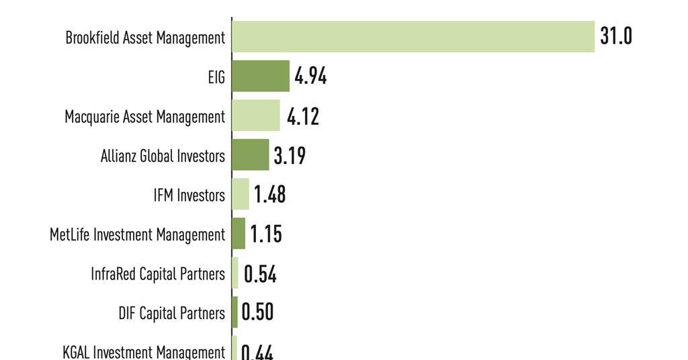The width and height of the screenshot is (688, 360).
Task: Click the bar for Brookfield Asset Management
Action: click(x=413, y=36)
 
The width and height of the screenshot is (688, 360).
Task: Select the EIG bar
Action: click(x=261, y=76)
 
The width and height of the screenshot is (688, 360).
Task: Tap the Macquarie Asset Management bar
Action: click(x=256, y=116)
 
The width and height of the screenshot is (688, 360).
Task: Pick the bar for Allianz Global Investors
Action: click(x=251, y=155)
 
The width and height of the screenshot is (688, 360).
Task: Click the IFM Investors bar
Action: click(x=241, y=194)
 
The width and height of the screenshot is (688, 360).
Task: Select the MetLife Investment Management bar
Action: click(x=239, y=234)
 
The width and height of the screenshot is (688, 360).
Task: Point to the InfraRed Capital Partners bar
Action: click(x=235, y=273)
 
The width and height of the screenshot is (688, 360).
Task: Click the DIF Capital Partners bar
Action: click(x=235, y=312)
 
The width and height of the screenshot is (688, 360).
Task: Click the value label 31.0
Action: click(x=616, y=36)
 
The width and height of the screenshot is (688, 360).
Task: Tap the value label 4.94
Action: click(x=310, y=76)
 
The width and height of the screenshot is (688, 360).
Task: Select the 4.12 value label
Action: click(x=303, y=116)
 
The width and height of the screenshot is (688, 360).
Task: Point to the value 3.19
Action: click(x=290, y=156)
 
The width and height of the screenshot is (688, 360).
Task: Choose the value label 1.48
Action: click(x=269, y=195)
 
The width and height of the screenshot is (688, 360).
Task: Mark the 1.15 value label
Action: click(x=266, y=234)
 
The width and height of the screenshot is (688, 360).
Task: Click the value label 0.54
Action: click(x=260, y=274)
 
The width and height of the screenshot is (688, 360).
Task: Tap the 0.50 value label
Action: click(x=257, y=313)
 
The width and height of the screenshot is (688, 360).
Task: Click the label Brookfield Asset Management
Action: click(x=145, y=38)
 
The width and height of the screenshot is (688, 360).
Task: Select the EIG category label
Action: click(x=216, y=77)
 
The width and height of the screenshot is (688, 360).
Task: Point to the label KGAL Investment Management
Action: click(x=143, y=352)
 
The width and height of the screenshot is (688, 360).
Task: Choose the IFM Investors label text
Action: click(x=189, y=195)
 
